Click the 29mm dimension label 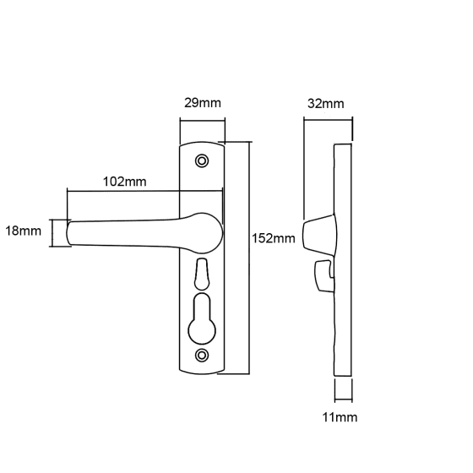click(203, 103)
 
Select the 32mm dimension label click(326, 104)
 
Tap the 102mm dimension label click(125, 182)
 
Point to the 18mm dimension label click(24, 231)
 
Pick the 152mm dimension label click(274, 238)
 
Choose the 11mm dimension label click(340, 417)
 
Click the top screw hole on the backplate click(202, 160)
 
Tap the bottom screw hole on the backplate click(202, 355)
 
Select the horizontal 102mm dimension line click(144, 191)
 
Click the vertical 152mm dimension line click(249, 258)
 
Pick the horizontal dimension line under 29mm click(203, 121)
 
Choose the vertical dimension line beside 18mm click(52, 233)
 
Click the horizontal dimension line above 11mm click(343, 400)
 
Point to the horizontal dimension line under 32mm click(329, 120)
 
